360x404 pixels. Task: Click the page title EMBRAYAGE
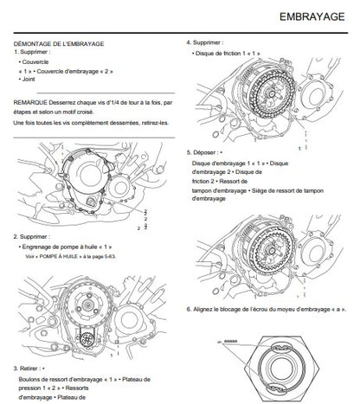click(x=312, y=16)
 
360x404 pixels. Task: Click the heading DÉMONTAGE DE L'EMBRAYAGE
click(x=59, y=44)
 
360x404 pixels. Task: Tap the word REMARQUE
click(x=30, y=102)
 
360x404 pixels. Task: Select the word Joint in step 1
click(x=29, y=79)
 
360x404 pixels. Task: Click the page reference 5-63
click(x=110, y=256)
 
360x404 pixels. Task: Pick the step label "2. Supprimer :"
click(x=31, y=236)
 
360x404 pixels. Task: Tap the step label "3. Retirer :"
click(x=28, y=369)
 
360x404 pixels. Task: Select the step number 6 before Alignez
click(x=189, y=310)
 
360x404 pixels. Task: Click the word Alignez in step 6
click(x=202, y=310)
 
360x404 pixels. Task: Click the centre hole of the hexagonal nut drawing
click(x=281, y=369)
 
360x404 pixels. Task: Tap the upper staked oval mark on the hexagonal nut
click(x=282, y=346)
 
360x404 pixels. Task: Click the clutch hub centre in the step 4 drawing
click(x=271, y=93)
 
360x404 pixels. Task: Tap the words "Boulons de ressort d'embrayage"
click(x=61, y=379)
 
